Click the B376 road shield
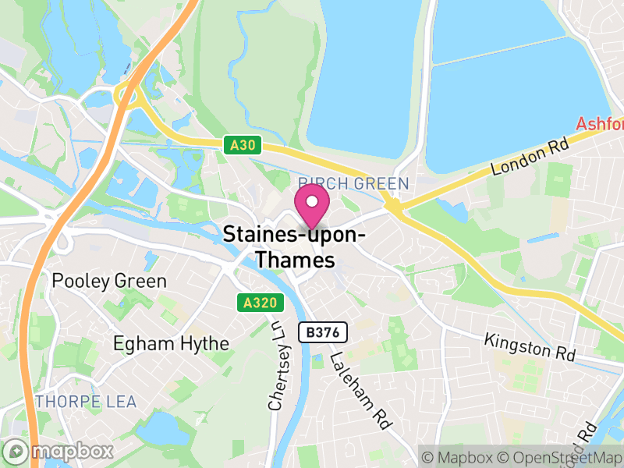[323, 332]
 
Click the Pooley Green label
[108, 281]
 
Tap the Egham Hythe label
[171, 343]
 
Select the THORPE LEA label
[86, 402]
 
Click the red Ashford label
[600, 124]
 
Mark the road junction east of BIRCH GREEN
[395, 208]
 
